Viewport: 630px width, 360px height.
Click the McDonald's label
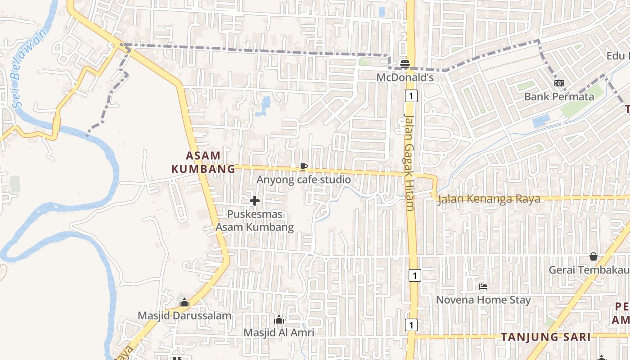[x=405, y=77]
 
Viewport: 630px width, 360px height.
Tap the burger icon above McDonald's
[x=405, y=64]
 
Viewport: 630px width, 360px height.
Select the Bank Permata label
[x=559, y=97]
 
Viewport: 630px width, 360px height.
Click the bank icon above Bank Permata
[x=559, y=83]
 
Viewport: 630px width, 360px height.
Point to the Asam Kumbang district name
[x=203, y=162]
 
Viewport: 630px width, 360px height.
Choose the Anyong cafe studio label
[x=303, y=180]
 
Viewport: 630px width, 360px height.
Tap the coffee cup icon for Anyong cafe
[x=304, y=167]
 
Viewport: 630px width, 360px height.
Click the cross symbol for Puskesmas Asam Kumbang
[x=255, y=201]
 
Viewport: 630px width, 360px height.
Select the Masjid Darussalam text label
[x=184, y=316]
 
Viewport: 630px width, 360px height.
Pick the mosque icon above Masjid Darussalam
[x=184, y=302]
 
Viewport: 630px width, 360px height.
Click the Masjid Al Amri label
[x=279, y=333]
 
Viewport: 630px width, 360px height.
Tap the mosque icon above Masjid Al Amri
[x=279, y=319]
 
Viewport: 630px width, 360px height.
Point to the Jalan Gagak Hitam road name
[x=409, y=162]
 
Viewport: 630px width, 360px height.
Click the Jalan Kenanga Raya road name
[x=489, y=199]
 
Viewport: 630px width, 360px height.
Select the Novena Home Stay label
[x=483, y=300]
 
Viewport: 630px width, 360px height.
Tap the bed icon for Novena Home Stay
[x=484, y=286]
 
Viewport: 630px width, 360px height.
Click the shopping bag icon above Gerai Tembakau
[x=594, y=256]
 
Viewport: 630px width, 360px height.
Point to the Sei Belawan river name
[x=28, y=67]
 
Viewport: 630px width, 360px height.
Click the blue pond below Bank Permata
[x=541, y=121]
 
